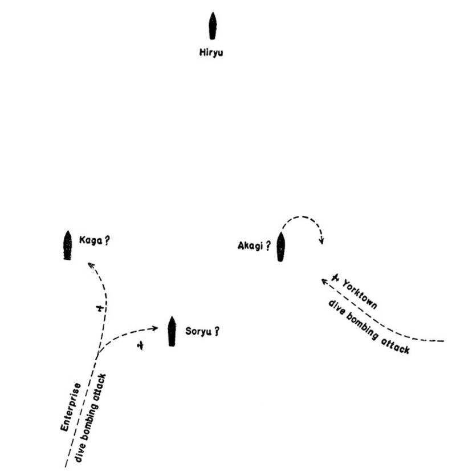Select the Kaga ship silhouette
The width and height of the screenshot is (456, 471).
[67, 246]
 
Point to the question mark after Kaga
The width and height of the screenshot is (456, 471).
[107, 240]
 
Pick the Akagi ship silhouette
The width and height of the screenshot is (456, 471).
[280, 247]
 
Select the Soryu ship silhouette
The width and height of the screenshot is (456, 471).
[171, 331]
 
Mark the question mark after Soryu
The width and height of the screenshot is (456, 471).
[217, 331]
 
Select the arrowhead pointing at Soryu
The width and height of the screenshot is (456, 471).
[156, 328]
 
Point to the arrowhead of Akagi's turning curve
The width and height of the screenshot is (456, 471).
[322, 240]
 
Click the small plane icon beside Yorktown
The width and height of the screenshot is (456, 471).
[337, 278]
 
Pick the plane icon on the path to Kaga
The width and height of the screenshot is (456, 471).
[101, 309]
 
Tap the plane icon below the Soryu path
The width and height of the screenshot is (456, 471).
[140, 345]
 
